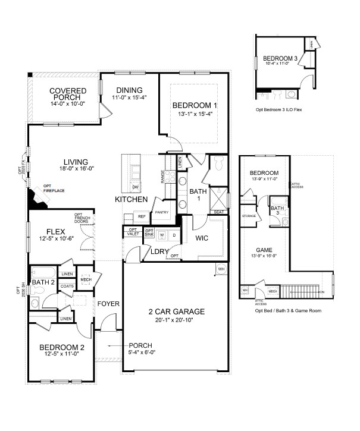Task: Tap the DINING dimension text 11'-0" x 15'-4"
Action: point(129,97)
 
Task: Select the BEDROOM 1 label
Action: point(195,105)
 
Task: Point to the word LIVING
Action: point(75,162)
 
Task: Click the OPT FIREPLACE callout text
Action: point(54,188)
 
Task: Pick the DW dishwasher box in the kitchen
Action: point(136,187)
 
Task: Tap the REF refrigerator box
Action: point(141,217)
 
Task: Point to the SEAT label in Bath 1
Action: point(219,212)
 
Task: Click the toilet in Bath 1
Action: point(218,162)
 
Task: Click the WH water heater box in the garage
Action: point(221,269)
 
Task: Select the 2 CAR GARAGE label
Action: point(176,312)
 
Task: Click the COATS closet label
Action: point(67,285)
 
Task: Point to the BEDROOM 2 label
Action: point(62,348)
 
